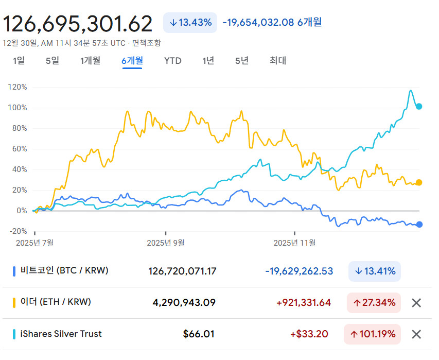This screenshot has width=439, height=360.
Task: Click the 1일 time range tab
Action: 19,60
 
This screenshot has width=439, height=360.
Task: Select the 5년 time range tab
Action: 242,60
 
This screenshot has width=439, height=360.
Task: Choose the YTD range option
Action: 173,61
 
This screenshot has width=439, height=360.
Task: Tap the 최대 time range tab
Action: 278,60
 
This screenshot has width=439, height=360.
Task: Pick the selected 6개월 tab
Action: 132,60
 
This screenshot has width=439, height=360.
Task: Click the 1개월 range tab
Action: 90,60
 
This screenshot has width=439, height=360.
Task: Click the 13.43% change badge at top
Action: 190,23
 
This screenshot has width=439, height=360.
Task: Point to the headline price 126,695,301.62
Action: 78,24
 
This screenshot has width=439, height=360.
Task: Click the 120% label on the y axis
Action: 17,87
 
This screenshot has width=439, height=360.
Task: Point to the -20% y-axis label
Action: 18,231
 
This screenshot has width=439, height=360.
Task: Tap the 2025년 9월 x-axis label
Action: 166,243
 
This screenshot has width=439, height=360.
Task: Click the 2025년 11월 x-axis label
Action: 294,243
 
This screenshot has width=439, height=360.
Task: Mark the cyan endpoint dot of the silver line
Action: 419,107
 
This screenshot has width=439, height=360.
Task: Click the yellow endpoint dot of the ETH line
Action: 419,183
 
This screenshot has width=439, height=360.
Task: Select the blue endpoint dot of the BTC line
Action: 419,225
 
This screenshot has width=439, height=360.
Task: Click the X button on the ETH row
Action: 416,303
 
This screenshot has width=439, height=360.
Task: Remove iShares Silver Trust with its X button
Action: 416,334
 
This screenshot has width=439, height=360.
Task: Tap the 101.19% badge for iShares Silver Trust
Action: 373,334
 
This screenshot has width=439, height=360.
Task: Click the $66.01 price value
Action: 199,334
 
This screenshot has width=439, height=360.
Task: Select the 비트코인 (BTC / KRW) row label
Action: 64,270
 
